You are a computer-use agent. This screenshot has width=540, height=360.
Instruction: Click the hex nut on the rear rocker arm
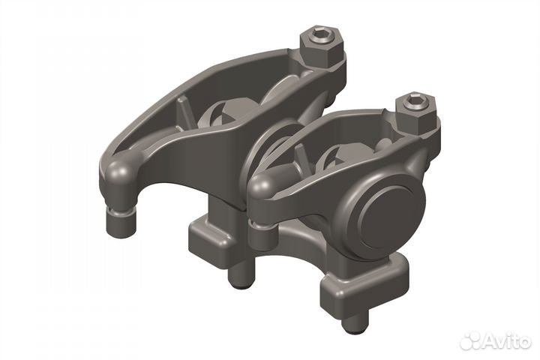click(322, 47)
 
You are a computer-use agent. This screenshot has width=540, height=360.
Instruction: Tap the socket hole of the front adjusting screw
click(413, 100)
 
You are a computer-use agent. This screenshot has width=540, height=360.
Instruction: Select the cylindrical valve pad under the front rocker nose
click(262, 236)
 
